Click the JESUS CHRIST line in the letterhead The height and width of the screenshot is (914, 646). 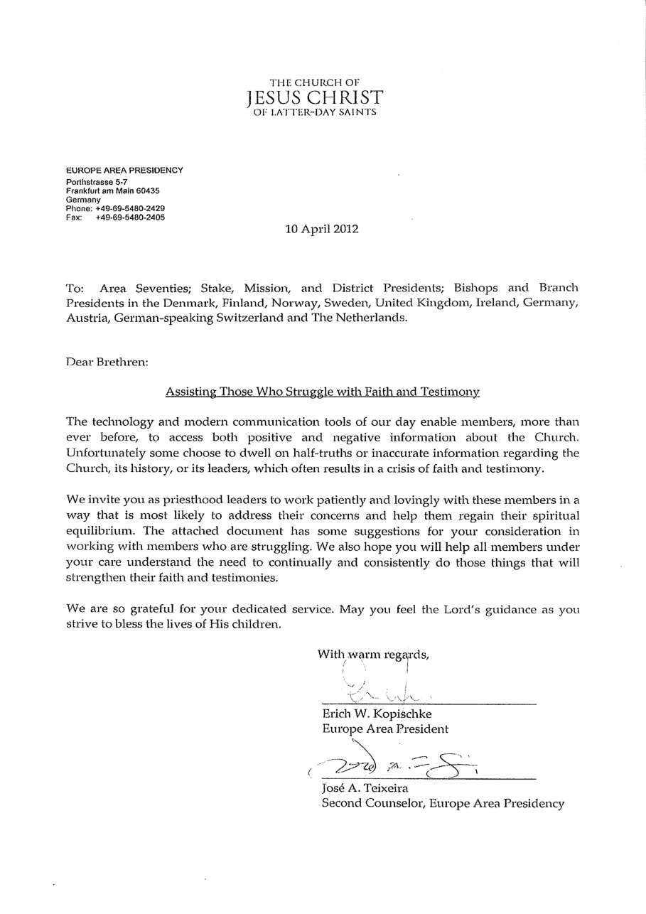(315, 97)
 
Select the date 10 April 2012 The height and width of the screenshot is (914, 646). (322, 229)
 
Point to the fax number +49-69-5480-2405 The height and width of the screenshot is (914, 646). (130, 217)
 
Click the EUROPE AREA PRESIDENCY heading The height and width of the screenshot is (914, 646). (124, 171)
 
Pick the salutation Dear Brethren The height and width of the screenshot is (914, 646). (107, 361)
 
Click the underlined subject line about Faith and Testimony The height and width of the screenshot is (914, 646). (322, 392)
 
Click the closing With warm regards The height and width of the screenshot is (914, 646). (373, 655)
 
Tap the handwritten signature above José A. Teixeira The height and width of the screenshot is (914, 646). (394, 764)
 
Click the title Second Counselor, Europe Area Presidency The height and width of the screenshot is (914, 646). (443, 803)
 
